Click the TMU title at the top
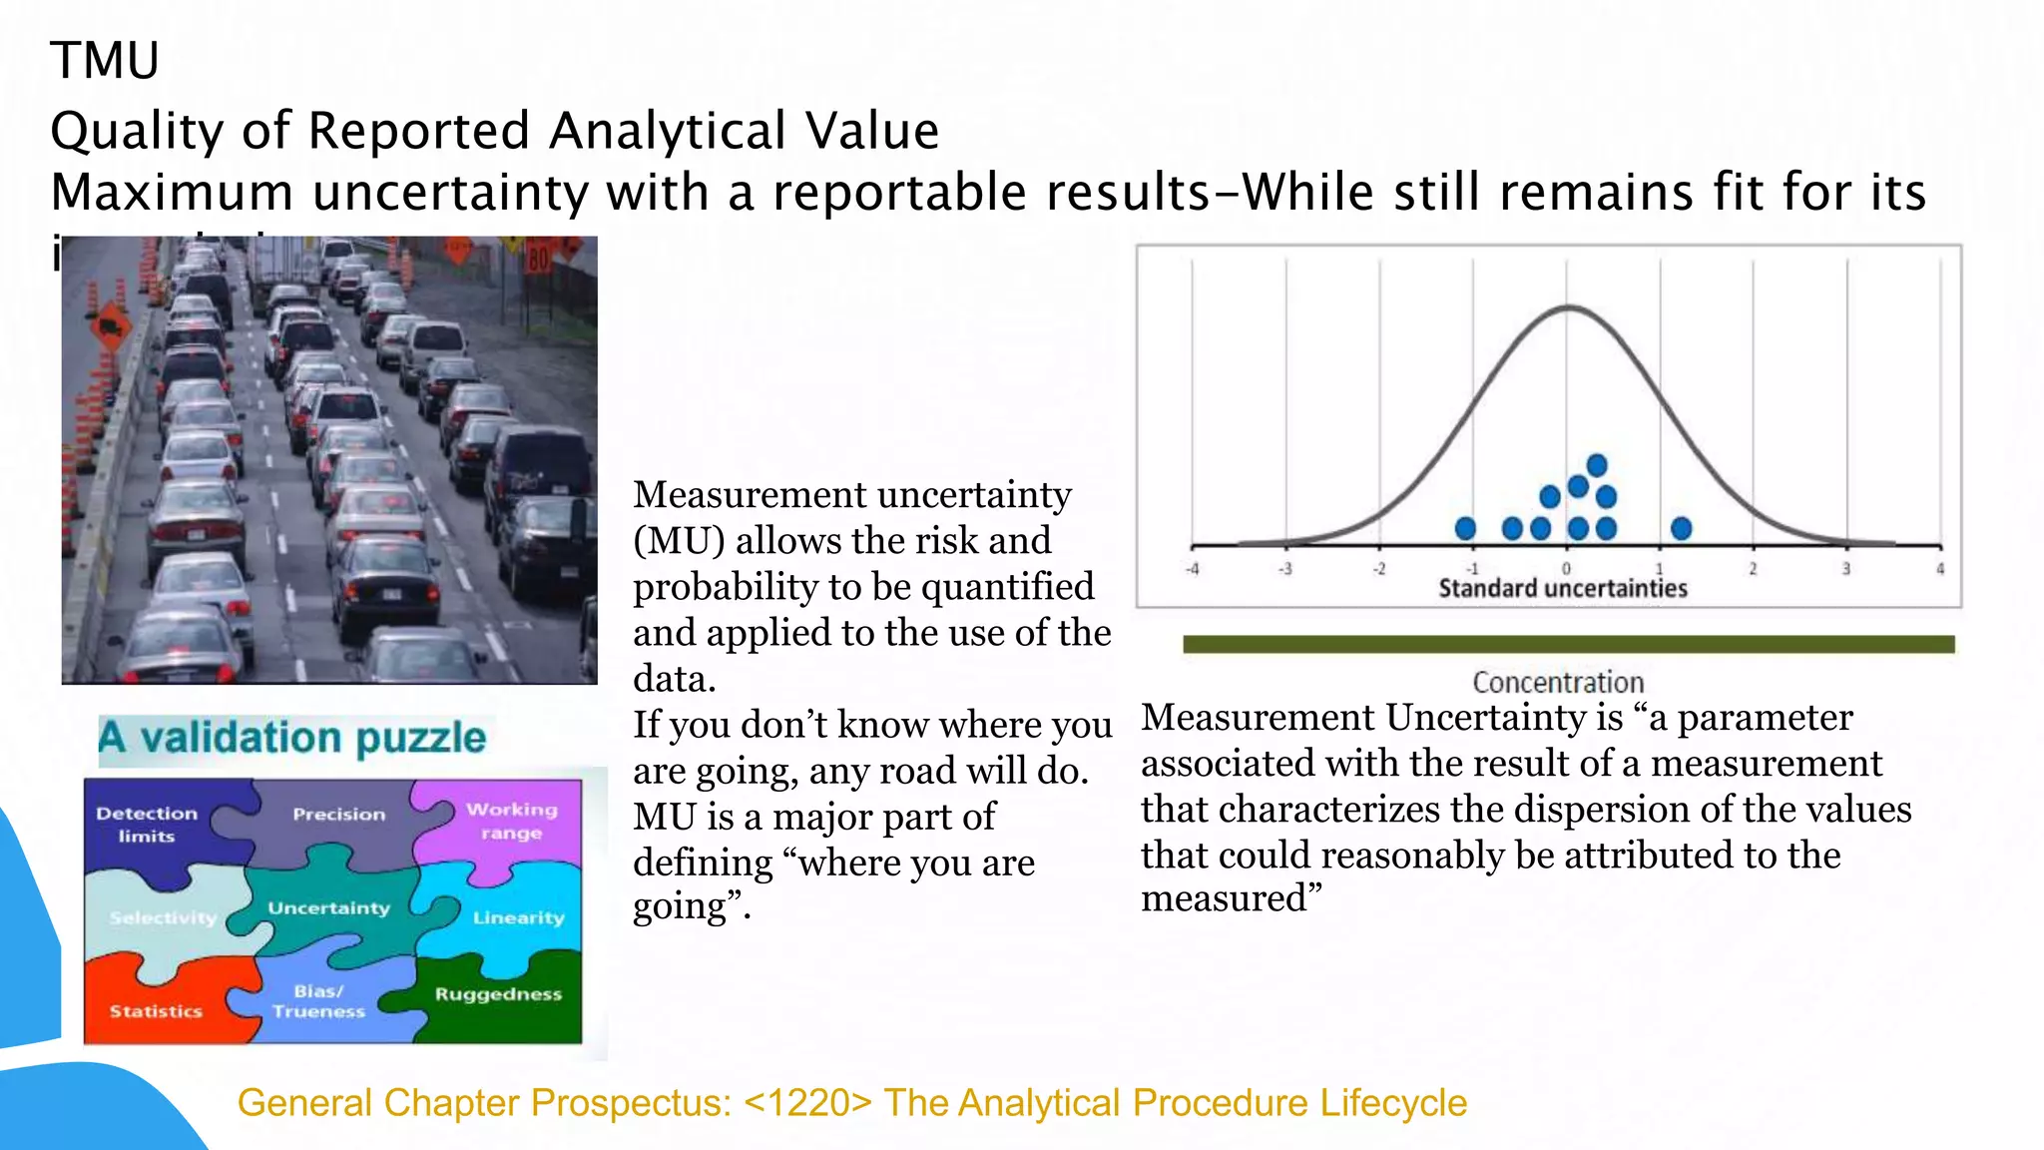point(105,61)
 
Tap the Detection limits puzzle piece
point(147,825)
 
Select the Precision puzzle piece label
point(338,815)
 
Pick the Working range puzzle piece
point(511,821)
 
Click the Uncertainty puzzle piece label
point(328,908)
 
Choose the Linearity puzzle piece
point(518,917)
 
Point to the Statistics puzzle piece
point(156,1011)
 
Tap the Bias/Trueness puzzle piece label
point(318,1001)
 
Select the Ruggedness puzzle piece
point(498,994)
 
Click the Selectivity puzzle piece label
point(163,917)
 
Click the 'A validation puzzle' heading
point(291,738)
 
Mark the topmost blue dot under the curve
point(1597,465)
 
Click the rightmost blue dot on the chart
point(1682,528)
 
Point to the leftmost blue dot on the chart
point(1465,528)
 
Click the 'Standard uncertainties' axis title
point(1563,589)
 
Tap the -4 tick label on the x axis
point(1192,569)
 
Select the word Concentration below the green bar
point(1558,683)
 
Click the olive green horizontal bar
point(1568,645)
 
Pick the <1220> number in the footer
point(807,1103)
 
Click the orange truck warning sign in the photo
point(110,326)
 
